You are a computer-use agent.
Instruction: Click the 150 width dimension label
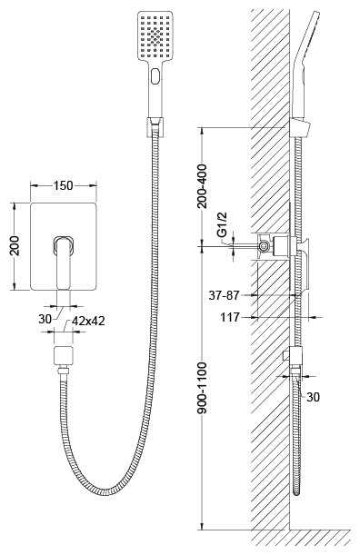(63, 185)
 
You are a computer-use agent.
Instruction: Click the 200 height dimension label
(15, 245)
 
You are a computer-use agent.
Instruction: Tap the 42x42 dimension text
(88, 321)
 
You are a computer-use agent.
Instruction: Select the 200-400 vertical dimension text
(203, 186)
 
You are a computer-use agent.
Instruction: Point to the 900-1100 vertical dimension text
(203, 388)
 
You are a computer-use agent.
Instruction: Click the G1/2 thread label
(222, 224)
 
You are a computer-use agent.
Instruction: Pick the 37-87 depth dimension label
(225, 295)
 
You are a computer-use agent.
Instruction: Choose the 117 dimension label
(230, 317)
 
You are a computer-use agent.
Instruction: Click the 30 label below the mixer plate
(45, 319)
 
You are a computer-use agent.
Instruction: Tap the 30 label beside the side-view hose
(313, 397)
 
